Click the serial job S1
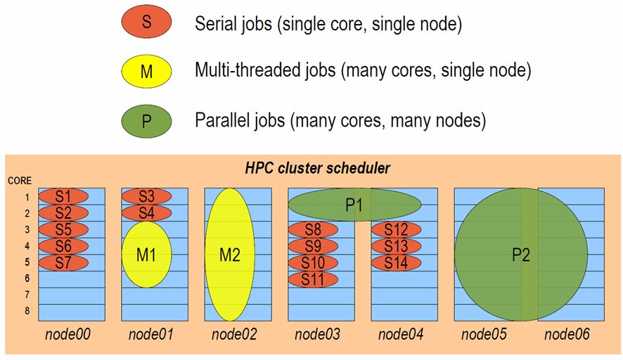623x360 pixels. pyautogui.click(x=63, y=195)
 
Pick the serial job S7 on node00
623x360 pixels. pyautogui.click(x=63, y=262)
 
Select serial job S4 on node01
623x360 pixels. pyautogui.click(x=146, y=212)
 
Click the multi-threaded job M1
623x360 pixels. pyautogui.click(x=146, y=255)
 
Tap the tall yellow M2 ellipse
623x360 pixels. pyautogui.click(x=230, y=255)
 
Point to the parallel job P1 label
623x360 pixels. pyautogui.click(x=354, y=205)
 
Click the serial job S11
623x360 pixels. pyautogui.click(x=313, y=279)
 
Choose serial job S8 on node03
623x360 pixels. pyautogui.click(x=313, y=229)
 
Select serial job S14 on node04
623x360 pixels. pyautogui.click(x=396, y=262)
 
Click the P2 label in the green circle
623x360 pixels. pyautogui.click(x=520, y=255)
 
